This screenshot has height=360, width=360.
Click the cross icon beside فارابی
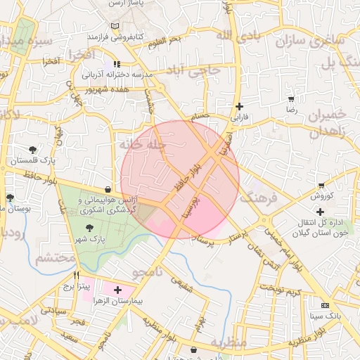239,106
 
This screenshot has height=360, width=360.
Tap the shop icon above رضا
291,99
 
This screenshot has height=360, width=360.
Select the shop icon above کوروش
321,185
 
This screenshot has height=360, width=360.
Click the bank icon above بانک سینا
324,306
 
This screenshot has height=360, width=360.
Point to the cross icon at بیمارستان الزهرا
117,290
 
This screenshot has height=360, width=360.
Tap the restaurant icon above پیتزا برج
77,275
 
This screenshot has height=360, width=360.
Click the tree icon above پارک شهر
89,228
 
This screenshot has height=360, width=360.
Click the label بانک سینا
324,316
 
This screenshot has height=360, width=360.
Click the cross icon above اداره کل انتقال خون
321,211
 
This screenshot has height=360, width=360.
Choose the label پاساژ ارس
126,4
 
